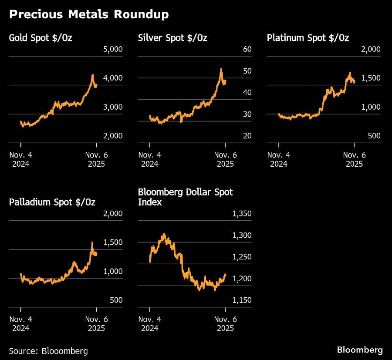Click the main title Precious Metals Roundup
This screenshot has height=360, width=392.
(89, 14)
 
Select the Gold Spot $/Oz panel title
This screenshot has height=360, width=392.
(41, 38)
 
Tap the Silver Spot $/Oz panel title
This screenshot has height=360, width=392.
(172, 38)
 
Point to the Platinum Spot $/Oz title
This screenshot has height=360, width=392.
(308, 38)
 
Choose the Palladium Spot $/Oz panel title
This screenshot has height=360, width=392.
(52, 202)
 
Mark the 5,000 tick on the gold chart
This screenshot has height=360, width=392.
(113, 49)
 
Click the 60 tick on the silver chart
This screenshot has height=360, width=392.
(247, 49)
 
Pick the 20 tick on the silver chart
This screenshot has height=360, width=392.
(247, 136)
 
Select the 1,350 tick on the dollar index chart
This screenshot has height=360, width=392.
(242, 214)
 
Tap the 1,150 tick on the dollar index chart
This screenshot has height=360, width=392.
(242, 300)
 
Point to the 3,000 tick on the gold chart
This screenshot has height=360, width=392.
(113, 107)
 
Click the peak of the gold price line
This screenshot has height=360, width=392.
(92, 75)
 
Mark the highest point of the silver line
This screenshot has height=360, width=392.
(221, 69)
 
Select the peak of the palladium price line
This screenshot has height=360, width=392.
(92, 242)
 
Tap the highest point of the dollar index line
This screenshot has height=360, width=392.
(164, 234)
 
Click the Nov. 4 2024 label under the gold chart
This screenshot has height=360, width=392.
(21, 159)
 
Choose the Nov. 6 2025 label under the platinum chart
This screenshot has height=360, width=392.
(355, 159)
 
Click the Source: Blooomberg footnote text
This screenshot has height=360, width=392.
(48, 351)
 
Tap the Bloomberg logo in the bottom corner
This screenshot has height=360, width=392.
(360, 350)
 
